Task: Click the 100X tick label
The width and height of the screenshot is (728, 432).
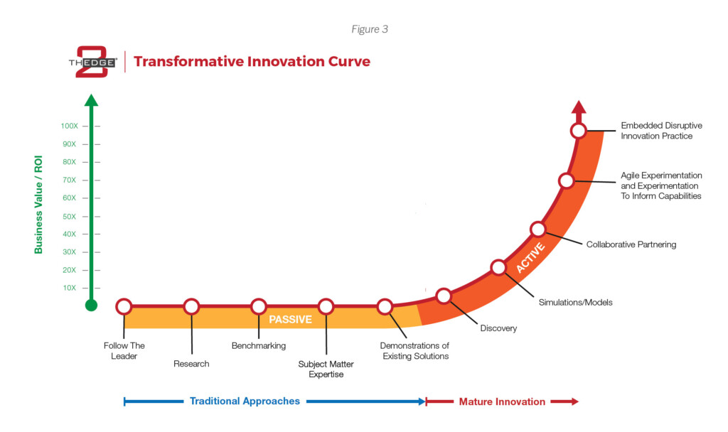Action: tap(69, 126)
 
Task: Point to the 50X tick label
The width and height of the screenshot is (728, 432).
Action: tap(69, 216)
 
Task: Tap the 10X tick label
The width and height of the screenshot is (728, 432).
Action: tap(69, 288)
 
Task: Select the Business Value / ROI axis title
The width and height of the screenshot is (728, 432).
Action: tap(38, 205)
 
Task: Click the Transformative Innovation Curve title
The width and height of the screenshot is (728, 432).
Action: tap(252, 61)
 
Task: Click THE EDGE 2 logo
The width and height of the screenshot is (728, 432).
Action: tap(93, 62)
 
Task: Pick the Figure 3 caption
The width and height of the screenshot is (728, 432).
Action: tap(370, 29)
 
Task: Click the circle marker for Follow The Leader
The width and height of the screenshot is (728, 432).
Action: tap(124, 306)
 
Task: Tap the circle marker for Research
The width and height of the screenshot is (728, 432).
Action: tap(191, 306)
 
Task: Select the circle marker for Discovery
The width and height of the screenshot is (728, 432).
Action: tap(444, 296)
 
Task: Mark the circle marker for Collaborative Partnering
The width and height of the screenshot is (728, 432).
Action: tap(537, 229)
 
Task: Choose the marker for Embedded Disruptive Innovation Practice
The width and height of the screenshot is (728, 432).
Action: tap(578, 131)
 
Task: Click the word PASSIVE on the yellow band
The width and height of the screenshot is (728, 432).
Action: tap(290, 319)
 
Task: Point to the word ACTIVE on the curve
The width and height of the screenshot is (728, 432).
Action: tap(530, 258)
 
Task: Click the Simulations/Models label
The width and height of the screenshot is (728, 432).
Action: tap(575, 302)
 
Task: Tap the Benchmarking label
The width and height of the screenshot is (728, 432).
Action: tap(259, 346)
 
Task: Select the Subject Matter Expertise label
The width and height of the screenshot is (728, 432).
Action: tap(326, 369)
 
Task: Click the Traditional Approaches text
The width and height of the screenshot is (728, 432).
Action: tap(245, 401)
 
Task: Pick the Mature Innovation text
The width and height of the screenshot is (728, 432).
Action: tap(502, 401)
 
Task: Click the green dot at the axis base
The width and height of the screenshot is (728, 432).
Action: tap(92, 306)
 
